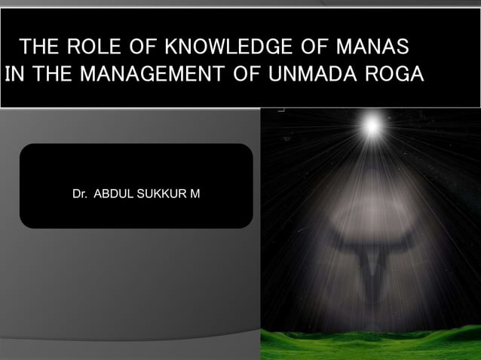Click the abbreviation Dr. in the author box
pos(79,194)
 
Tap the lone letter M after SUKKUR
pos(195,194)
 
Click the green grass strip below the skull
pos(370,344)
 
